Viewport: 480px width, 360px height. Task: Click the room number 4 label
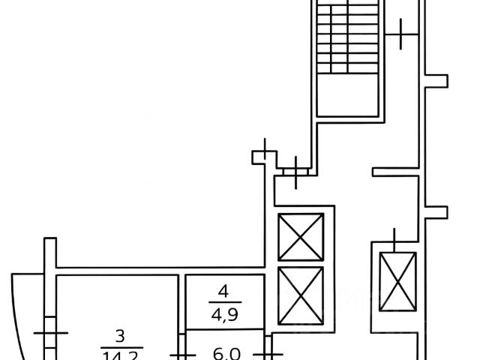pyautogui.click(x=222, y=289)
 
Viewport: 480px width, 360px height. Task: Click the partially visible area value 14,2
pyautogui.click(x=121, y=354)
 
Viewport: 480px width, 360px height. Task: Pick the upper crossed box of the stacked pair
pyautogui.click(x=300, y=237)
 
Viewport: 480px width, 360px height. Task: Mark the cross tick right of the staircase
pyautogui.click(x=402, y=33)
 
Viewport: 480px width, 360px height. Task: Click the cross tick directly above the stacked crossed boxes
pyautogui.click(x=298, y=171)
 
